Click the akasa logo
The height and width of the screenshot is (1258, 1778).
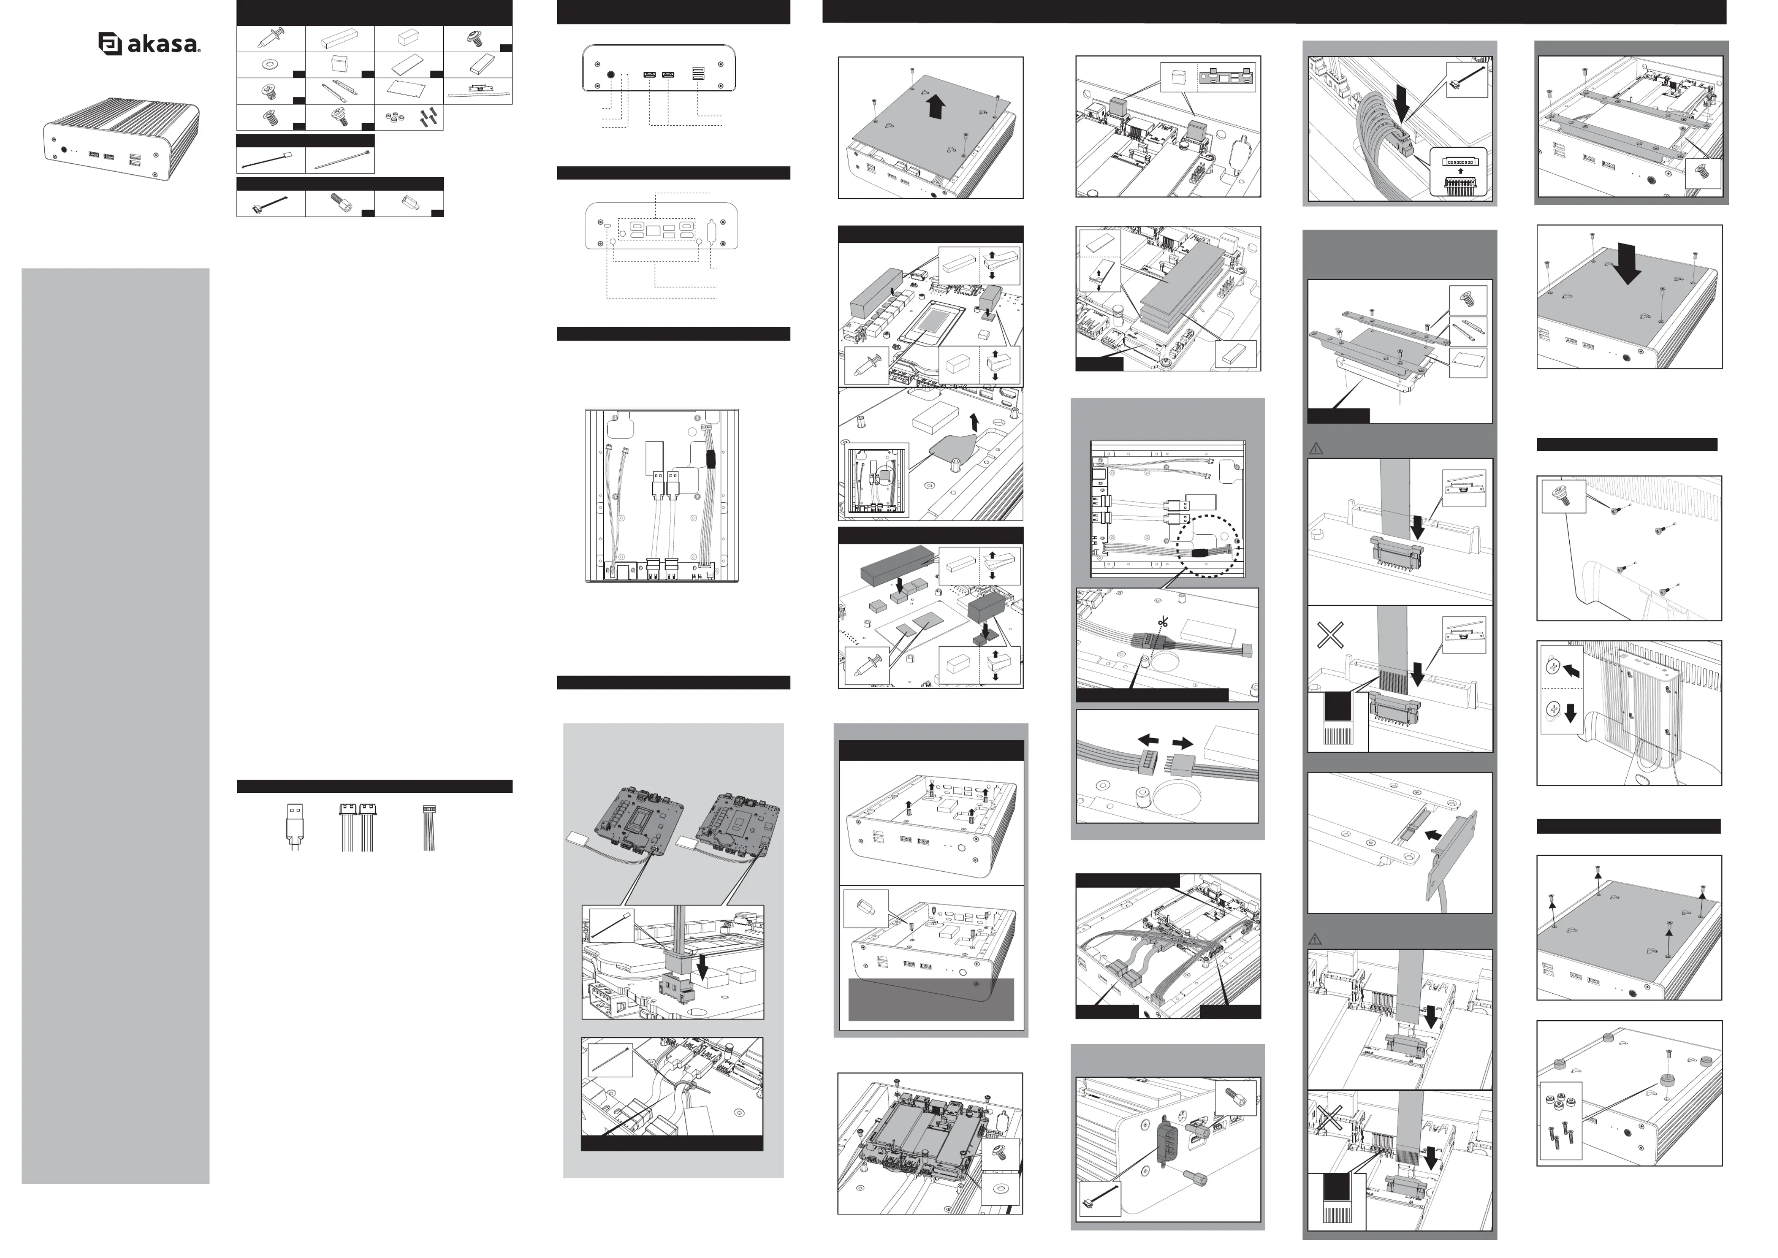coord(149,44)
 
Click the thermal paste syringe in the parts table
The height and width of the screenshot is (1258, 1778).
coord(270,38)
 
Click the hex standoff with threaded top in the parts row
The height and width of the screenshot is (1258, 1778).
coord(340,203)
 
